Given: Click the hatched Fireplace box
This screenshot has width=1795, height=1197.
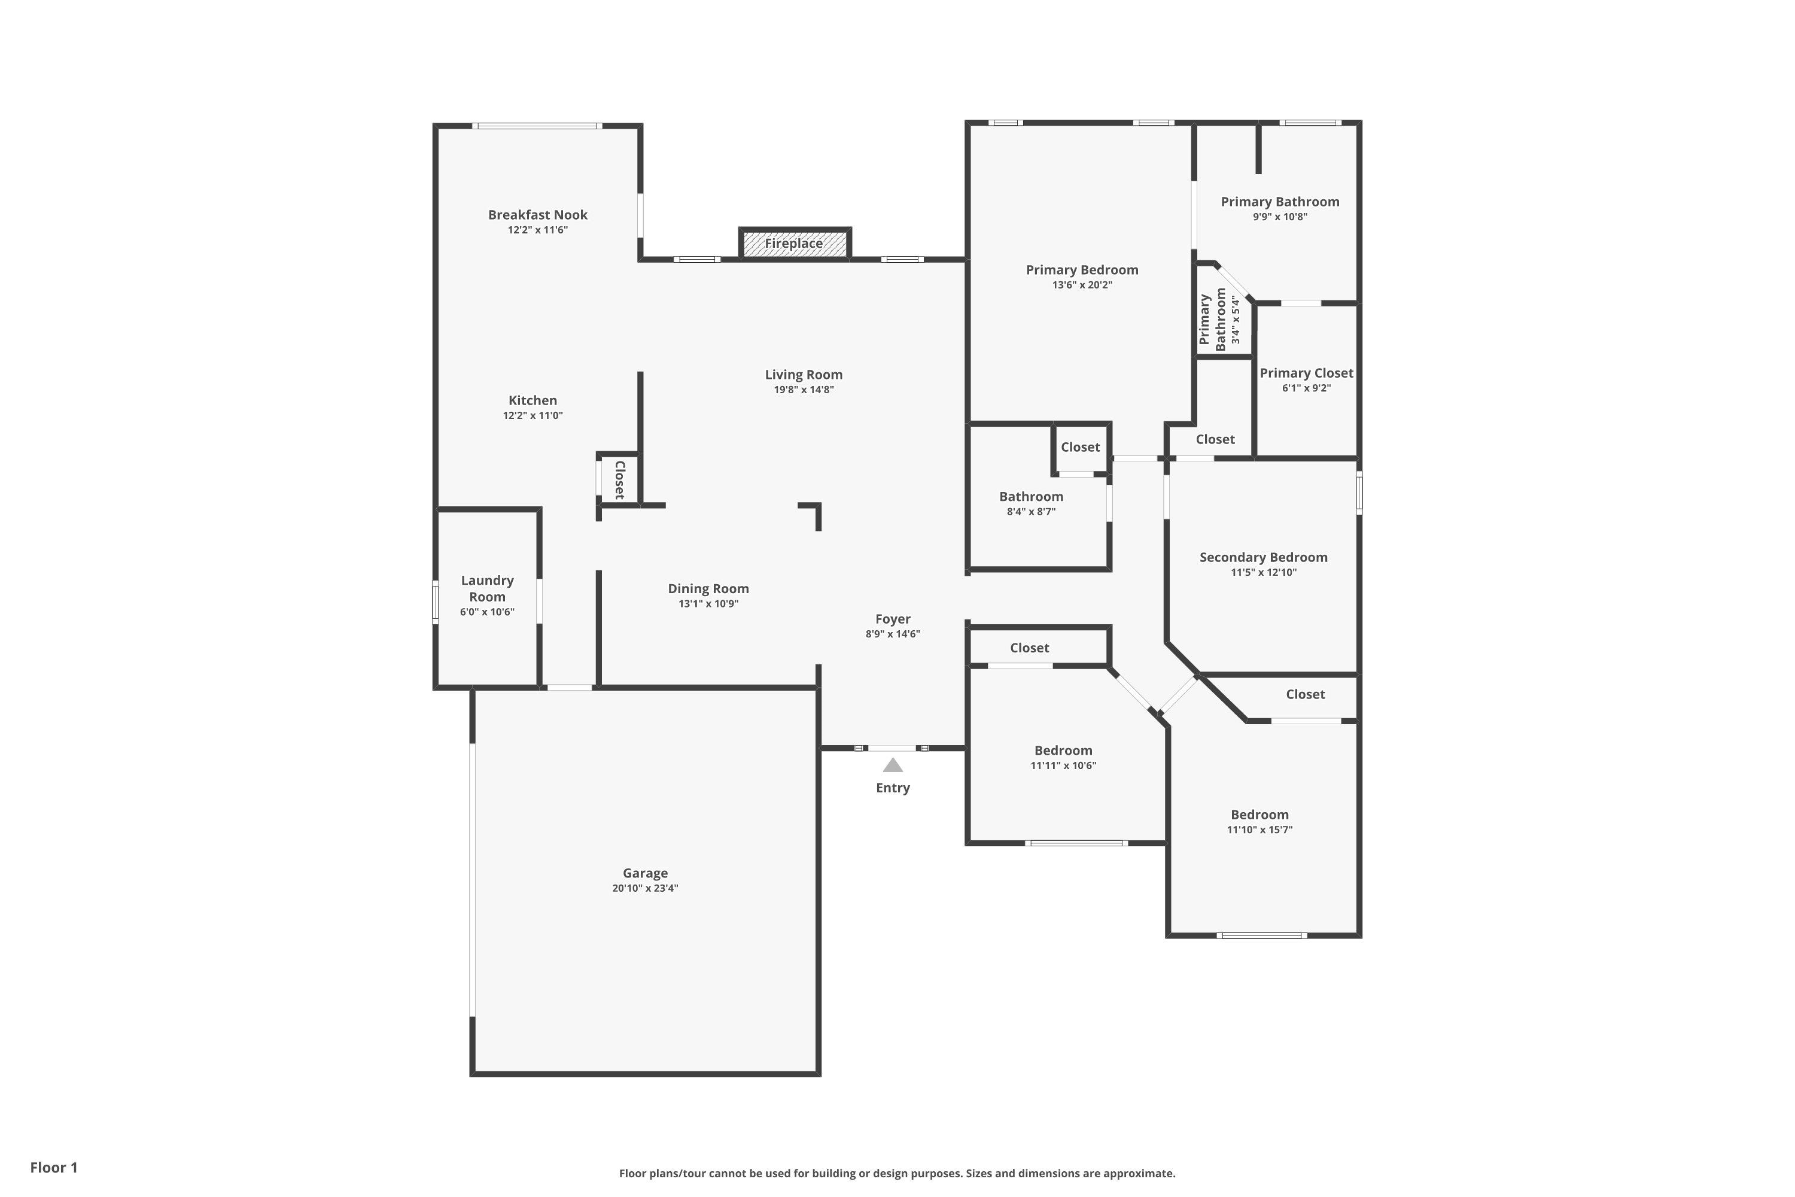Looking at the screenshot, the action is pos(795,244).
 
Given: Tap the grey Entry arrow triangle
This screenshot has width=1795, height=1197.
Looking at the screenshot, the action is pos(893,765).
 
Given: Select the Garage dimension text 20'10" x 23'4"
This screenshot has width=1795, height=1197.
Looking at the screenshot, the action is pos(645,888).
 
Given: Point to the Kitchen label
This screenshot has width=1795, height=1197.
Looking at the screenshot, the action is pos(533,400).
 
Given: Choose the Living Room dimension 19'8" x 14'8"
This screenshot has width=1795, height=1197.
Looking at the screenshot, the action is pos(804,390).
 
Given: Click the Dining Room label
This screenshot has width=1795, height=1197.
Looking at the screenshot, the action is pos(708,588).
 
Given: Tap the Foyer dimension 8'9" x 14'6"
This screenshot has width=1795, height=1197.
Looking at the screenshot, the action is pos(893,634).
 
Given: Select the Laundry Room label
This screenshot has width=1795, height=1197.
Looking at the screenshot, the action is pos(487,588).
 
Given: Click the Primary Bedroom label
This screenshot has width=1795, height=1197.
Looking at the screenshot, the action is pos(1082,269).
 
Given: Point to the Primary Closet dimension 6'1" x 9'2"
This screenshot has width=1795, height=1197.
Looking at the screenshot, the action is pos(1307,388).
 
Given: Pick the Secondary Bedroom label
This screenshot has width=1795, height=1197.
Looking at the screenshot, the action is pos(1263,557).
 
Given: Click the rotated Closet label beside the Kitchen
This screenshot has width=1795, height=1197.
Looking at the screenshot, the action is pos(620,479).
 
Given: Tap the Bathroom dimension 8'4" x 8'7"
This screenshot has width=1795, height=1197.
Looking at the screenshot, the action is pos(1031,512).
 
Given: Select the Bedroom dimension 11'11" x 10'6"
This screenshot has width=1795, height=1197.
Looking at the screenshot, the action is pos(1063,765).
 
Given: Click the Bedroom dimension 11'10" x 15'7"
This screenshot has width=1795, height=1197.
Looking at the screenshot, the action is pos(1259,830).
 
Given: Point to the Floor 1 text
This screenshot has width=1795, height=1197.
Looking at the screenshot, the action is pos(54,1167).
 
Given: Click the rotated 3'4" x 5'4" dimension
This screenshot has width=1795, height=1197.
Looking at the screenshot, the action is pos(1236,319).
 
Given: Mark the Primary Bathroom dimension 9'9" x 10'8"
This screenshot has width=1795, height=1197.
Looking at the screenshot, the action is pos(1280,217).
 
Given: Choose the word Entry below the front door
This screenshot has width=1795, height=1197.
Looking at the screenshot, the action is pos(893,788).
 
